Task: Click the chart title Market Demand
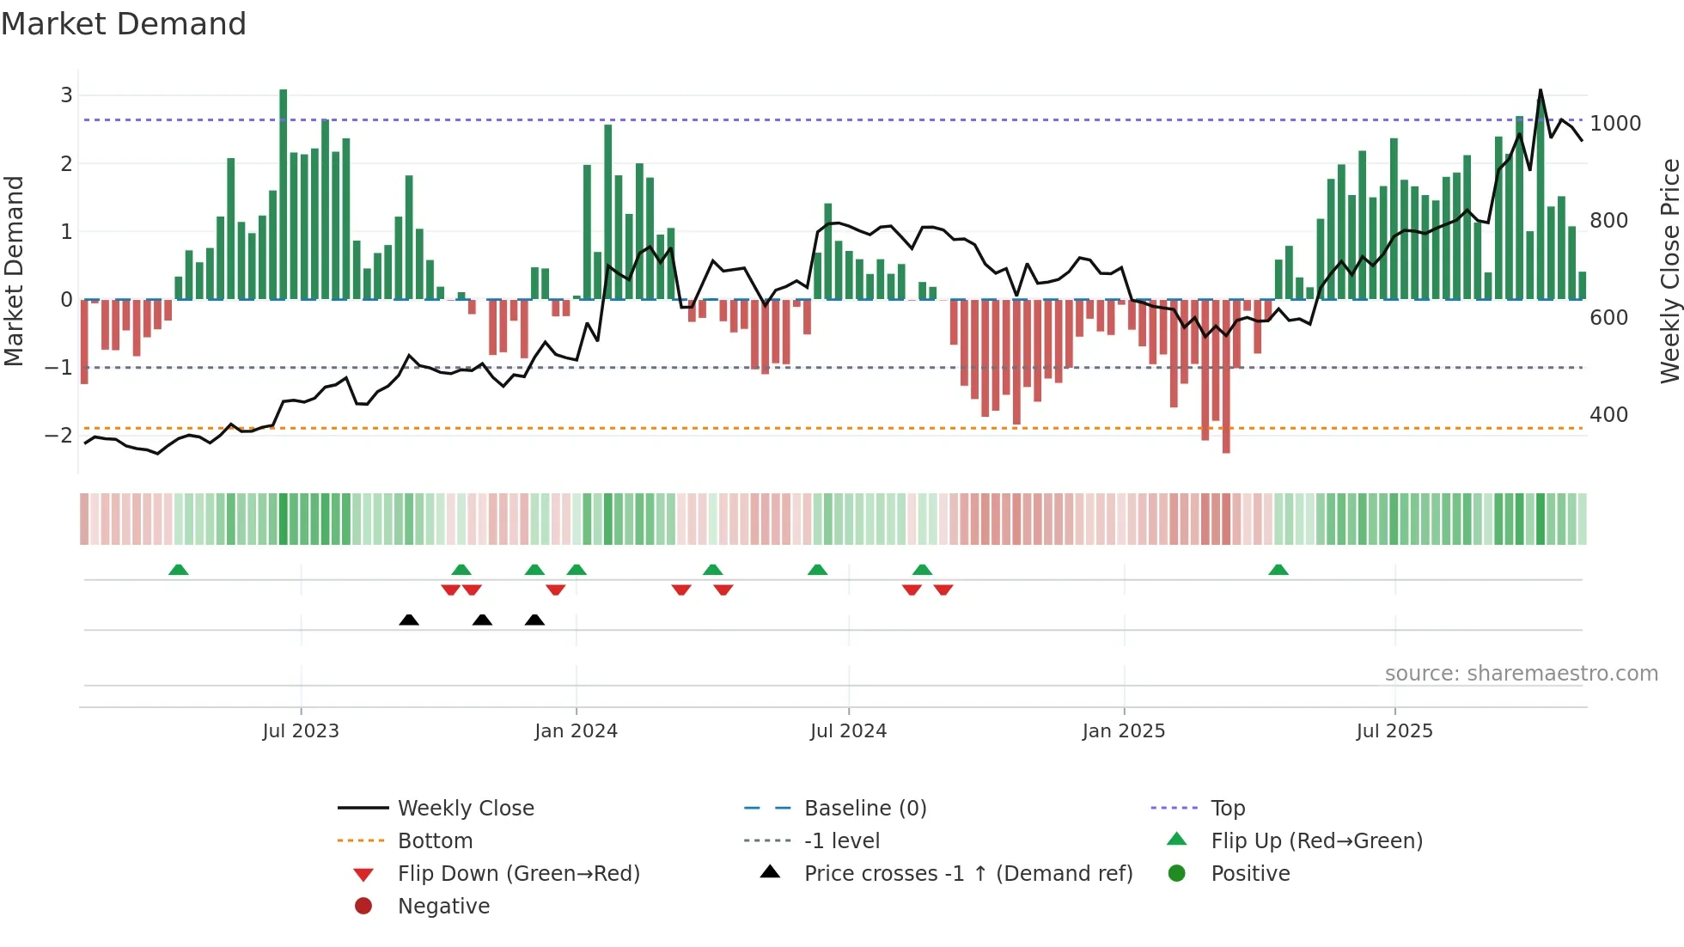(x=124, y=24)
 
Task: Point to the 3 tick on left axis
(x=66, y=95)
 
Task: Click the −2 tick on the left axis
(x=59, y=435)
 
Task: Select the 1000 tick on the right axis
(x=1615, y=123)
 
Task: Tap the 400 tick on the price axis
(x=1608, y=414)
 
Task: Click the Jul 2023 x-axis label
(x=301, y=730)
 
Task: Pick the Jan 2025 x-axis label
(x=1123, y=730)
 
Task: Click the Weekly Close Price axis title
(x=1669, y=271)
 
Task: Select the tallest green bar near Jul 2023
(x=284, y=193)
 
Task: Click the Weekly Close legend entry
(x=465, y=808)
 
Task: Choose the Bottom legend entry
(x=435, y=840)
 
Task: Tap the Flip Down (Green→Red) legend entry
(x=518, y=873)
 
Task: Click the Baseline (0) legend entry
(x=864, y=808)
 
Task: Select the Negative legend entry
(x=443, y=906)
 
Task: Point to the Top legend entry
(x=1228, y=808)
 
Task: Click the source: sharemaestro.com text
(x=1521, y=673)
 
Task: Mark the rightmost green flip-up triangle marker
(x=1278, y=570)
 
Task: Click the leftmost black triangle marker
(x=409, y=620)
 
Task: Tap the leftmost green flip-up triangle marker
(x=179, y=570)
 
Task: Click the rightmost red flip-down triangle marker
(x=943, y=590)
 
